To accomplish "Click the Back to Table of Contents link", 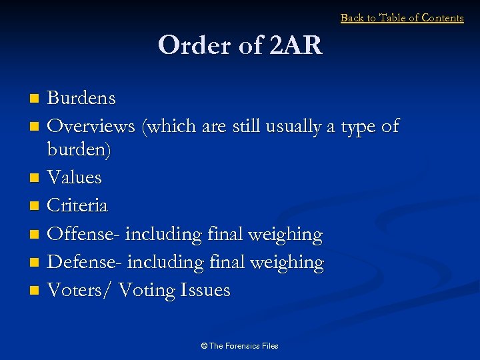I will (402, 18).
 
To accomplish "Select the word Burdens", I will (81, 99).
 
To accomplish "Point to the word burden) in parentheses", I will (79, 150).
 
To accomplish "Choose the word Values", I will (75, 177).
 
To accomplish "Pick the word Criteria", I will (77, 205).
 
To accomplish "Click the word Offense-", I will (84, 234).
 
